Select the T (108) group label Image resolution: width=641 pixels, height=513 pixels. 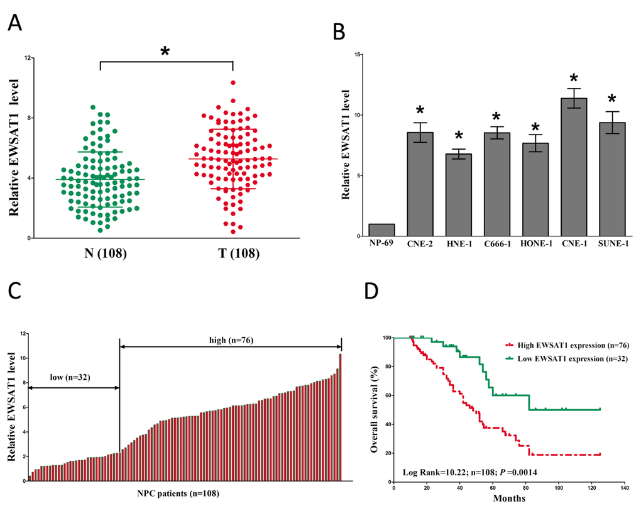(x=233, y=254)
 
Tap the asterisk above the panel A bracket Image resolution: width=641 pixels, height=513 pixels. (x=165, y=52)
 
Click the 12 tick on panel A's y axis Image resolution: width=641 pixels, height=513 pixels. (x=28, y=58)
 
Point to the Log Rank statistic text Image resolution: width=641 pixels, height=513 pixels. (x=469, y=471)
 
